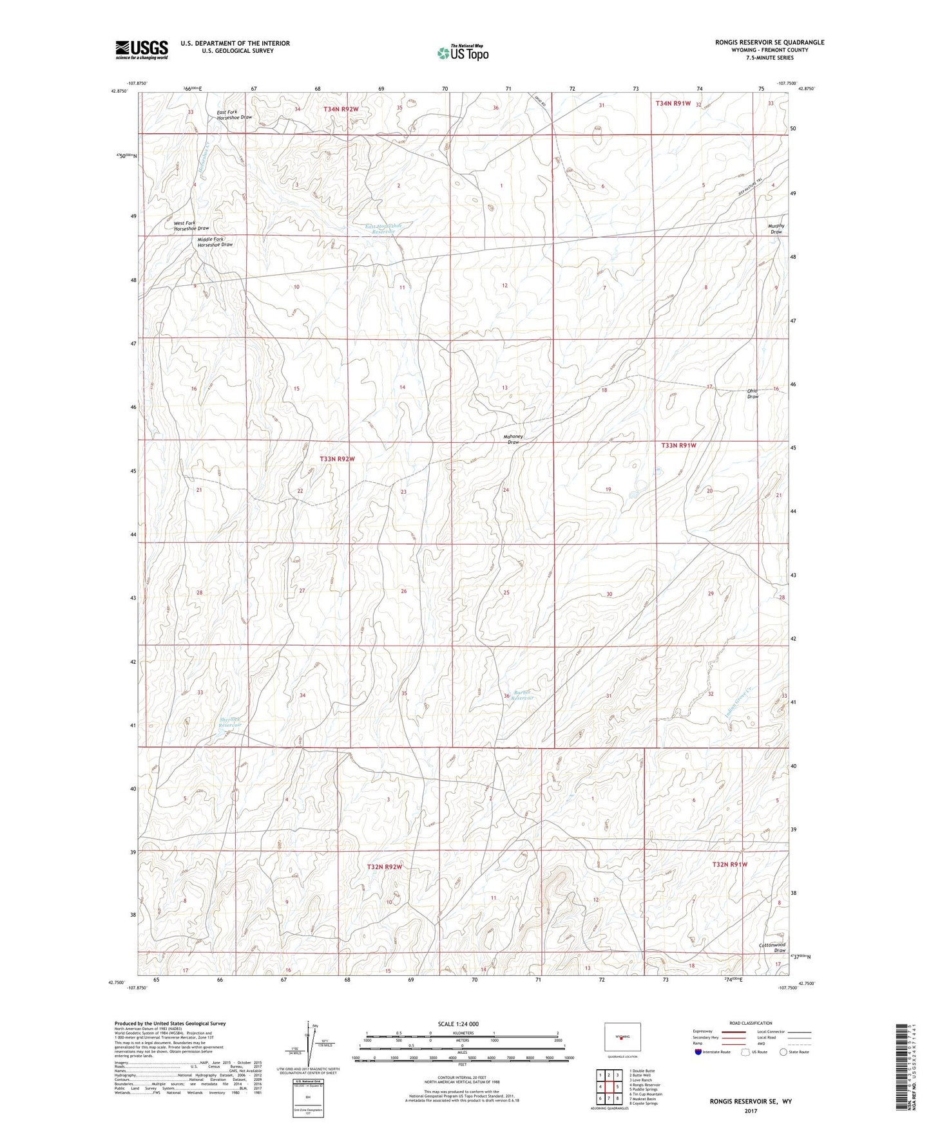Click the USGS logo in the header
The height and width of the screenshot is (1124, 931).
point(142,49)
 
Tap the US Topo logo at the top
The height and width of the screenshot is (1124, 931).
point(462,53)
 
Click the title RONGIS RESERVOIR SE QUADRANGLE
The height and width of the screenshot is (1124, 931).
point(769,42)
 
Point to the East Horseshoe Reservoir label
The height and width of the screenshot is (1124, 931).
point(383,229)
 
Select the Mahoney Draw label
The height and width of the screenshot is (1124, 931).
point(513,440)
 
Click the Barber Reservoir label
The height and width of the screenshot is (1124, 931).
point(524,695)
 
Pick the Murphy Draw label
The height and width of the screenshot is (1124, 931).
point(776,229)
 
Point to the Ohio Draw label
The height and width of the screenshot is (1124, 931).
point(753,393)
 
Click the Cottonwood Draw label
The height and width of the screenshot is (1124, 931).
point(772,948)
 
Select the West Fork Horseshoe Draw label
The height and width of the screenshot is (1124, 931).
point(191,226)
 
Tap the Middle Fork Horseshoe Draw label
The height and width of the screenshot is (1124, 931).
point(215,242)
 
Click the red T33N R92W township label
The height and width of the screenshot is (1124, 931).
point(337,459)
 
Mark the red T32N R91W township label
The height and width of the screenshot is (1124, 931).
point(729,865)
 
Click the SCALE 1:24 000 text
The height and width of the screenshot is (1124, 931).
point(458,1024)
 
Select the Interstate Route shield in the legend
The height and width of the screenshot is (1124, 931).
point(698,1052)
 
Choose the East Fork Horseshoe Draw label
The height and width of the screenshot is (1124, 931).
point(235,115)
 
